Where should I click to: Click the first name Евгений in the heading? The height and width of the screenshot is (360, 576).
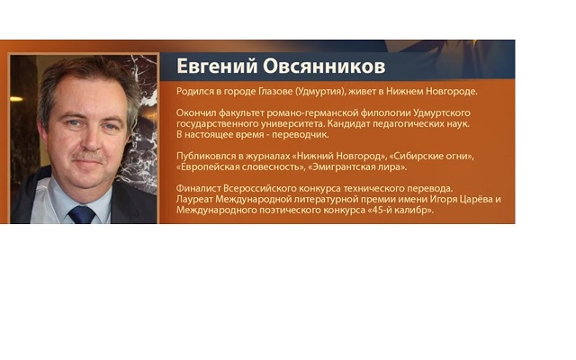point(217,67)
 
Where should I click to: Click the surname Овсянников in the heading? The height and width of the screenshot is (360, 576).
point(324,67)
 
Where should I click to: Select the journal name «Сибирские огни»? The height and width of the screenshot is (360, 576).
point(431,156)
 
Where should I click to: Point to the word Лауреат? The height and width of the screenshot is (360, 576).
point(194,200)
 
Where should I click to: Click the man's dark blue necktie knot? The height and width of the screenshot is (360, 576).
point(82,214)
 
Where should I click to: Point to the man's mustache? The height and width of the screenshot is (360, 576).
point(88,156)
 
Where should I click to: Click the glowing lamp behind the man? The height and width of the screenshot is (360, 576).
point(16,98)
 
